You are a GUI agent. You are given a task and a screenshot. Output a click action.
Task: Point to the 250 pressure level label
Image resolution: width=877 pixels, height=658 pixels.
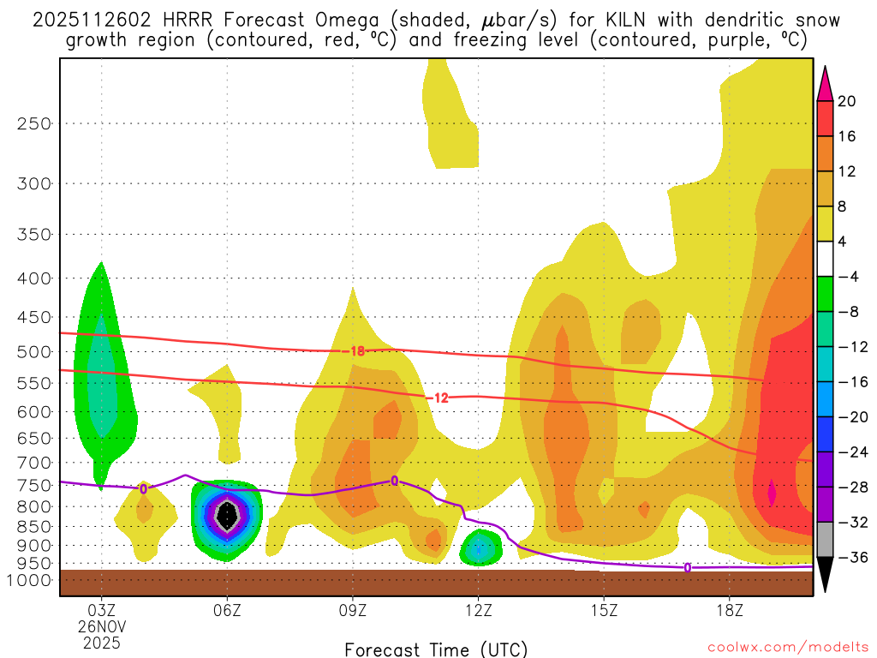[34, 123]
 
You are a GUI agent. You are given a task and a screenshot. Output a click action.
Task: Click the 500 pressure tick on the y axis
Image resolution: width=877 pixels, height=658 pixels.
[34, 351]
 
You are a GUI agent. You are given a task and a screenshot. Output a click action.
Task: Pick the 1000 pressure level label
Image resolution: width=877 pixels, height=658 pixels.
[30, 580]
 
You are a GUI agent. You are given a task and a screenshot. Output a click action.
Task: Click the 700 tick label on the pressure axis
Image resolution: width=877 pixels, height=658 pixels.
[34, 463]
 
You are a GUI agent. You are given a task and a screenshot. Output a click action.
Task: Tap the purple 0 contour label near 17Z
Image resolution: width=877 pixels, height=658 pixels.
[688, 567]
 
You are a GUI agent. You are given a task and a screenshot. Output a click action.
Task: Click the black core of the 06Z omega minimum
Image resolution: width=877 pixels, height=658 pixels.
[227, 514]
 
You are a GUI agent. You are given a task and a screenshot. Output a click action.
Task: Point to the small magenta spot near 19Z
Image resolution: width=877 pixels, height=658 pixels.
[772, 492]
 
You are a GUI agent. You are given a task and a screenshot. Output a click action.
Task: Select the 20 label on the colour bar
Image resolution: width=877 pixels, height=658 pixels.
[846, 101]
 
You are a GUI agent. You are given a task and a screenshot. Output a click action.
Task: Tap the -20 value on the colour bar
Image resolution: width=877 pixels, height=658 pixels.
[846, 417]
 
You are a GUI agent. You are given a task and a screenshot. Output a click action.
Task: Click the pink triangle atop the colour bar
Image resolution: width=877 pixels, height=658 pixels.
[826, 83]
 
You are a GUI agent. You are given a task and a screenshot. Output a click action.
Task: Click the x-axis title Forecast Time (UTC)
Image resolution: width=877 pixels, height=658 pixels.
[436, 649]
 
